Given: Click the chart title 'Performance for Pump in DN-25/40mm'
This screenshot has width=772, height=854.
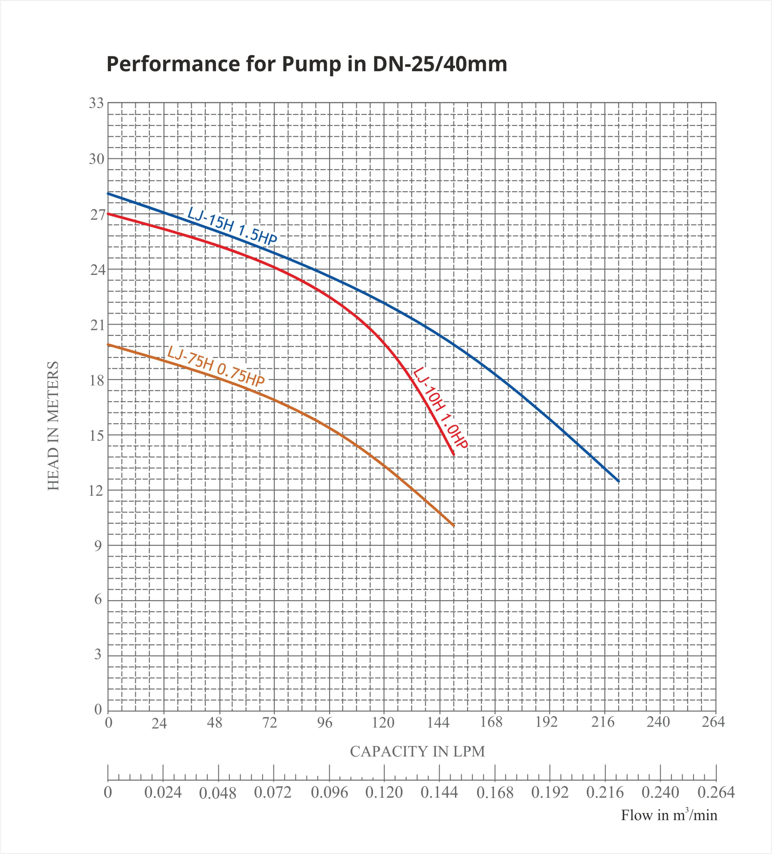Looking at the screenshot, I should coord(306,64).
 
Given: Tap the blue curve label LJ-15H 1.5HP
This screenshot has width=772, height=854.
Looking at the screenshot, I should coord(232,226).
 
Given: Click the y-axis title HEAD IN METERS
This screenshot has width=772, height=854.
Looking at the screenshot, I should coord(53,426).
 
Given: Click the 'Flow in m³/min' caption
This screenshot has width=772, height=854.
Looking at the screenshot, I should coord(669,815).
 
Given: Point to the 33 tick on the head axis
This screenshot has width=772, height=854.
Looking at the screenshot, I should coord(96,103).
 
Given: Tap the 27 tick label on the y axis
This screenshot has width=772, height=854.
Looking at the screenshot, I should coord(97,215).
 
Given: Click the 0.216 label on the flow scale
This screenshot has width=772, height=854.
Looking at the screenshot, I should coord(605,792).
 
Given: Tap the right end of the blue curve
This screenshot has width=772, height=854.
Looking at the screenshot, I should coord(618,481).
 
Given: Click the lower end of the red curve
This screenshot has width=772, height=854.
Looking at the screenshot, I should coord(454,455).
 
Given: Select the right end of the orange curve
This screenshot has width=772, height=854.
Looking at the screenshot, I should coord(454,526).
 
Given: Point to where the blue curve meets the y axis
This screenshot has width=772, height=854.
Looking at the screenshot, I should coord(108,193).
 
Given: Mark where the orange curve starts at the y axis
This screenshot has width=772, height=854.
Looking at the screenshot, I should coord(108,344).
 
